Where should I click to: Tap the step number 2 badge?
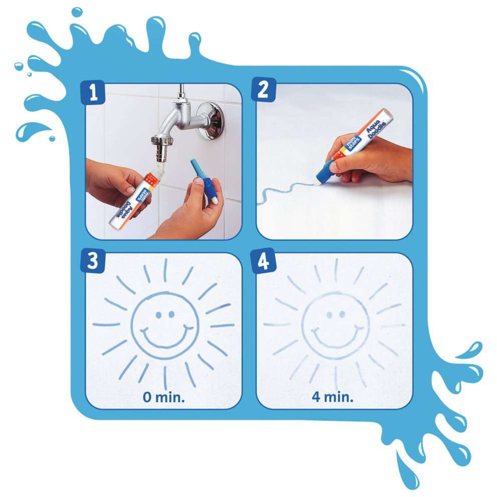click(x=264, y=91)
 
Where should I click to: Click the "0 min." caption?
click(x=163, y=398)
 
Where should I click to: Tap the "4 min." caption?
click(x=333, y=398)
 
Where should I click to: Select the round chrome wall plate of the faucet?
click(x=209, y=120)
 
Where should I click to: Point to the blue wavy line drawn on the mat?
click(x=286, y=193)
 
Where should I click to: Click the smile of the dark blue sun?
click(x=165, y=338)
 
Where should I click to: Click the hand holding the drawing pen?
click(x=376, y=160)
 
